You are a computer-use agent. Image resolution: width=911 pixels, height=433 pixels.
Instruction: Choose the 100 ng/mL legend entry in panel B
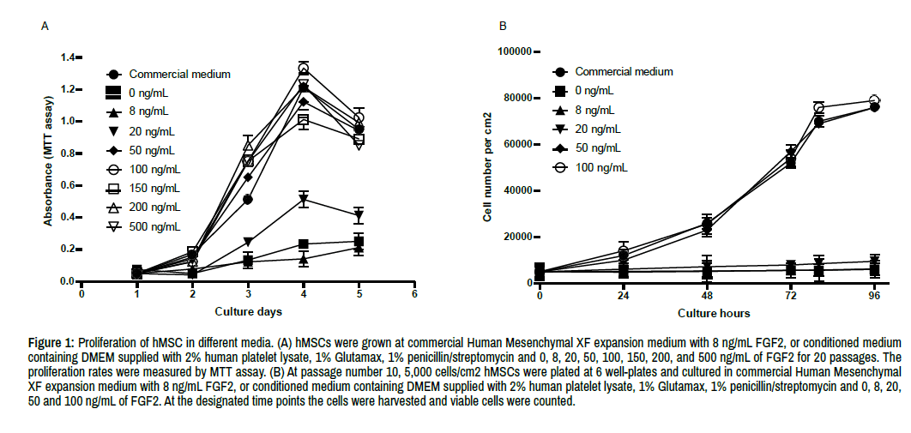pos(600,167)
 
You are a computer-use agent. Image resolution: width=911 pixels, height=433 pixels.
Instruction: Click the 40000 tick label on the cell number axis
pos(512,190)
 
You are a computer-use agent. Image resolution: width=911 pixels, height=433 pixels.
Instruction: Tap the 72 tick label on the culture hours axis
pos(790,296)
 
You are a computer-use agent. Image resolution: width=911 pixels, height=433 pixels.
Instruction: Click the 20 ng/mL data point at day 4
pos(303,200)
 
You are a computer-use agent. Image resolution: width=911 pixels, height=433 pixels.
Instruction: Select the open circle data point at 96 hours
pos(874,101)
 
